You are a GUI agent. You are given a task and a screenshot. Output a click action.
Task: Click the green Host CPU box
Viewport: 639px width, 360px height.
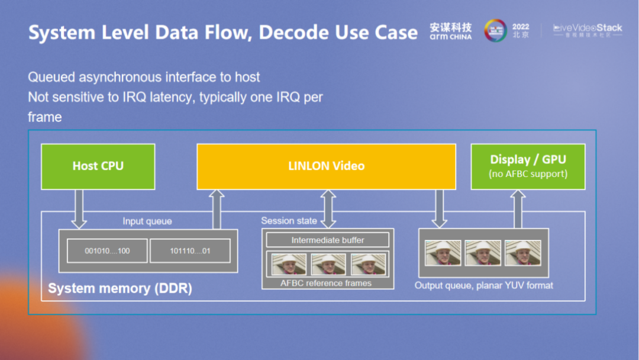[x=98, y=166]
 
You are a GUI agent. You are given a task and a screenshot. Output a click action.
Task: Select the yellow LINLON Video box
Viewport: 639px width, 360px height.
[x=326, y=166]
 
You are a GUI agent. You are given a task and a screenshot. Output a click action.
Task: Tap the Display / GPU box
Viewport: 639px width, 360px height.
[x=528, y=166]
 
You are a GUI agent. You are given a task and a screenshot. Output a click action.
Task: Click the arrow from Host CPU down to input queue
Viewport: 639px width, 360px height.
[x=79, y=209]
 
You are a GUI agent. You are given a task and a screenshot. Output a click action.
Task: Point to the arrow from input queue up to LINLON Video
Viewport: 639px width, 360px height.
[x=217, y=209]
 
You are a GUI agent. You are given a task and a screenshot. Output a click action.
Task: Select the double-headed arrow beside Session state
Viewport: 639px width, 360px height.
[x=327, y=209]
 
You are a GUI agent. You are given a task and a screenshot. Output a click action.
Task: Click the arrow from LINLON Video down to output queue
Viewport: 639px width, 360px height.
[x=439, y=209]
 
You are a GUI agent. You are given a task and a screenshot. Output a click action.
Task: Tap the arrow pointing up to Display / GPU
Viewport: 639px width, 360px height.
[x=518, y=209]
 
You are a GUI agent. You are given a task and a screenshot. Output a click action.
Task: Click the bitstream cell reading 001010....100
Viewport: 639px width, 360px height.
[x=107, y=251]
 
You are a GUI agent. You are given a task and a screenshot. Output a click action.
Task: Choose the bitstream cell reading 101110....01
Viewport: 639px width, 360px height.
[x=190, y=251]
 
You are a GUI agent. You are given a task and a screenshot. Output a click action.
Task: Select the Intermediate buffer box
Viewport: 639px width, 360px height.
[x=327, y=240]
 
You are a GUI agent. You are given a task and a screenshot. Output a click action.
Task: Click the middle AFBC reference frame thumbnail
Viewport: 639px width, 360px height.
[x=328, y=264]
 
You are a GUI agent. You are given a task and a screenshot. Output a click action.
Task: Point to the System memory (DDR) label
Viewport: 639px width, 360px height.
[x=120, y=288]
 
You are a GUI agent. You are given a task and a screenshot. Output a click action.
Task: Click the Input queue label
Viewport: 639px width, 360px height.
[x=147, y=221]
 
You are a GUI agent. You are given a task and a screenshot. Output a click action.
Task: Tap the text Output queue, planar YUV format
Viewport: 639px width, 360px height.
[x=483, y=285]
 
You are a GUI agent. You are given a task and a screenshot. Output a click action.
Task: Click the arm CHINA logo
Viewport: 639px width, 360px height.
[x=451, y=31]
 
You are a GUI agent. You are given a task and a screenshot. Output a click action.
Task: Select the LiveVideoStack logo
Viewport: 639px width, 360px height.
[x=588, y=30]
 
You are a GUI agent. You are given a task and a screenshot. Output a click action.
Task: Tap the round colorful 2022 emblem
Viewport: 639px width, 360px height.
[x=495, y=31]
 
